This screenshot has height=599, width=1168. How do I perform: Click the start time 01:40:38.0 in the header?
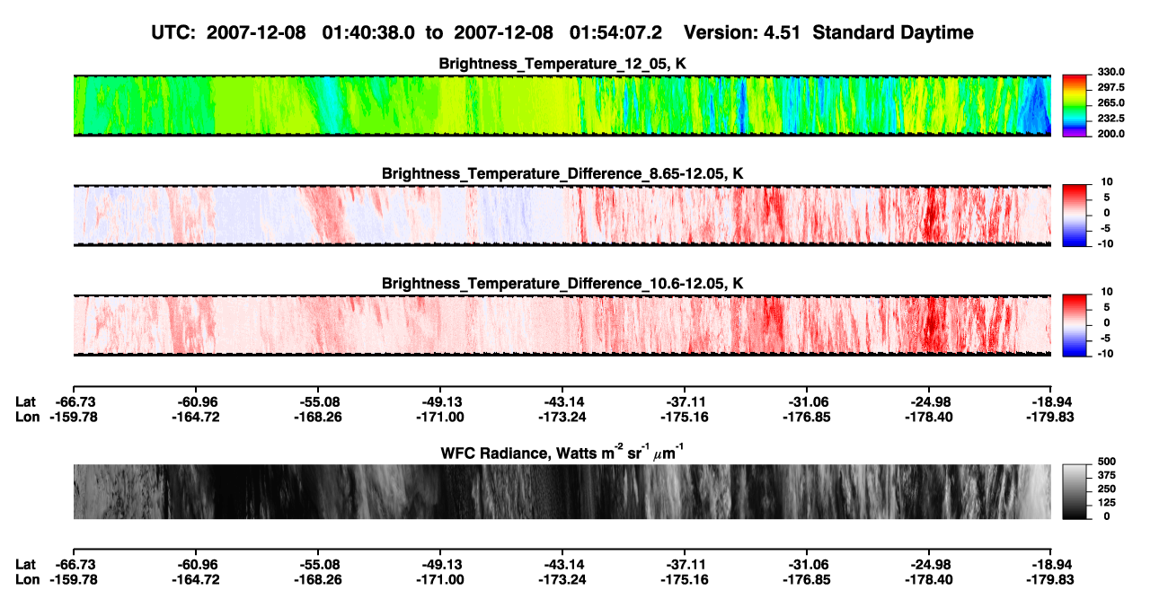coord(368,32)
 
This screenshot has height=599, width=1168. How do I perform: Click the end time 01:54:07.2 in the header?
coord(615,32)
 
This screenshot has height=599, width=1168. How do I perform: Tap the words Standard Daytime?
coord(893,32)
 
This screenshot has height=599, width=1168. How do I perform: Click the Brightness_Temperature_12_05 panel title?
coord(562,64)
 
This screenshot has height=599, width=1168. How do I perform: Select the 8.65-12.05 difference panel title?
coord(562,173)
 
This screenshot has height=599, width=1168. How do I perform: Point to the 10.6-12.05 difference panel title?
coord(562,284)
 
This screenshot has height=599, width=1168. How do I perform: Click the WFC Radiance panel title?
coord(562,453)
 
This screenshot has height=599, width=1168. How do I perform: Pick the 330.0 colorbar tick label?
coord(1110,72)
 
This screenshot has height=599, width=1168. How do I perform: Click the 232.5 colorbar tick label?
coord(1110,119)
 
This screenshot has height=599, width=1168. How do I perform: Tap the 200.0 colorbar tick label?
coord(1110,134)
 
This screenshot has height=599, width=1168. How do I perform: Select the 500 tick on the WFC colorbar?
coord(1107,462)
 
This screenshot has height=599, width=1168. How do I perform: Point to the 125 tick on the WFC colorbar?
coord(1107,503)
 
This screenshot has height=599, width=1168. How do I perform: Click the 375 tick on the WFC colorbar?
coord(1107,475)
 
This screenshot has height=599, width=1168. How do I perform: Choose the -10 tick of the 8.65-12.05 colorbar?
coord(1106,243)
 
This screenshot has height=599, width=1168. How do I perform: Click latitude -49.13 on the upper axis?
coord(440,402)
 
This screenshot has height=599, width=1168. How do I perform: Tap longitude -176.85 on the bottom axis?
coord(807,580)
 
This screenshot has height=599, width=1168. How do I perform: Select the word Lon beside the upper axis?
coord(27,417)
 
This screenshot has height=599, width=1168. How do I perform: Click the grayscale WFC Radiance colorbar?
coord(1075,491)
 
